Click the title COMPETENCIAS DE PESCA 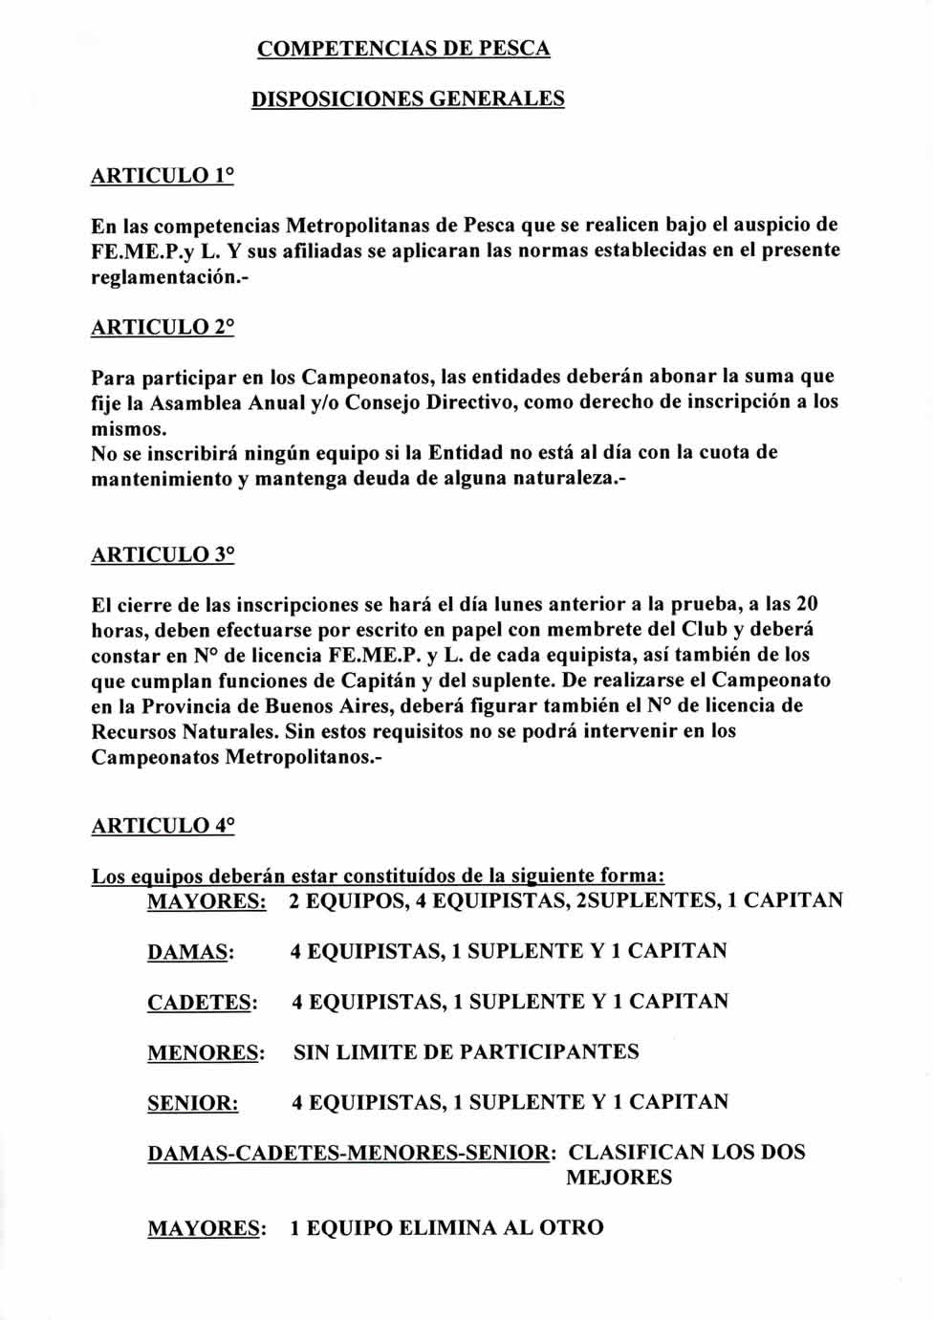[403, 49]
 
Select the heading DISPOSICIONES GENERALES [407, 99]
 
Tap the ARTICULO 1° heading [162, 176]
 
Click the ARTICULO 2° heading [162, 327]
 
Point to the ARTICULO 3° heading [162, 555]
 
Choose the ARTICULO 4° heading [162, 826]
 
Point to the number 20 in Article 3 [806, 605]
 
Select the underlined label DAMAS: [190, 952]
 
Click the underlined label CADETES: [202, 1003]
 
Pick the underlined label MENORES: [206, 1053]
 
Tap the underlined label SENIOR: [192, 1103]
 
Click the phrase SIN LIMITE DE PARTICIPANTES [466, 1052]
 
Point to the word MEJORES [619, 1178]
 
